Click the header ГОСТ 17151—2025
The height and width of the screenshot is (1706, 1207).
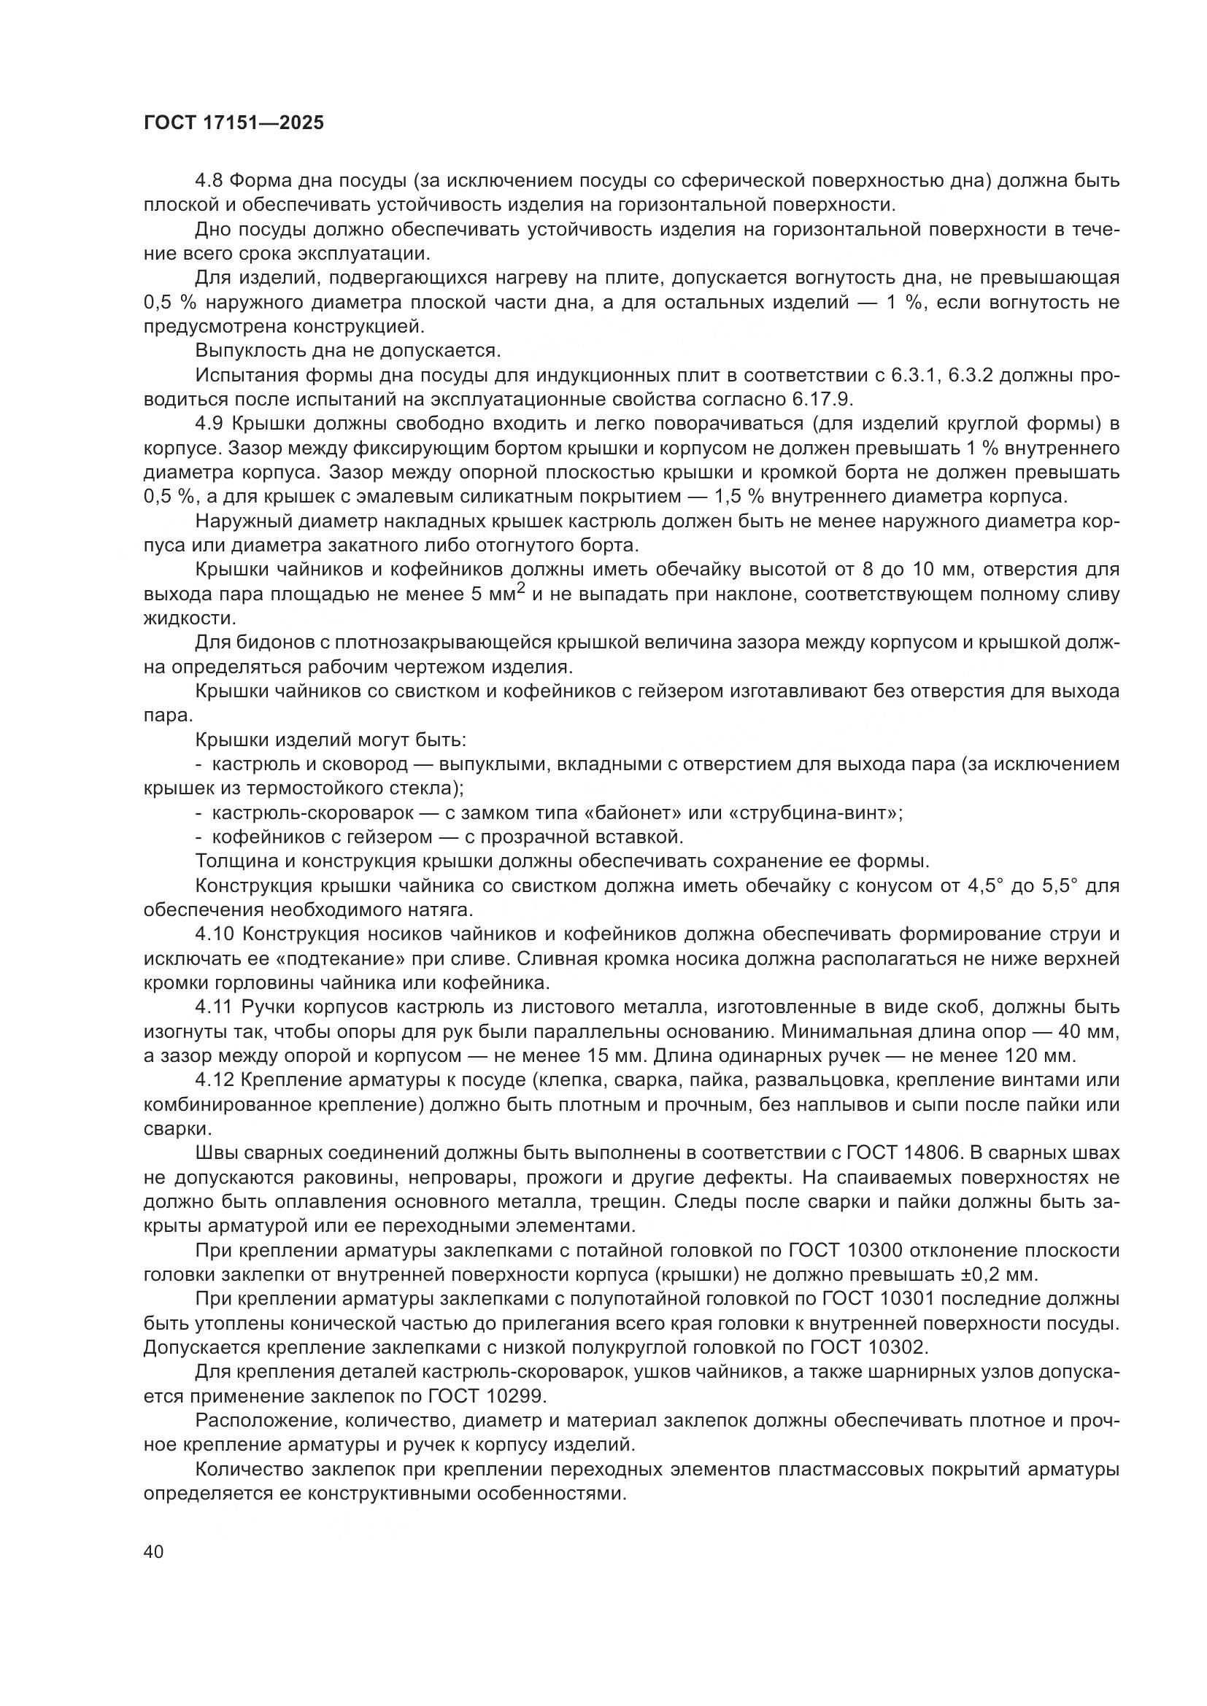coord(234,123)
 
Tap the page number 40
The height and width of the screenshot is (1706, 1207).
coord(154,1551)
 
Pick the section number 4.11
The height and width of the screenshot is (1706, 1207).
coord(215,1007)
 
